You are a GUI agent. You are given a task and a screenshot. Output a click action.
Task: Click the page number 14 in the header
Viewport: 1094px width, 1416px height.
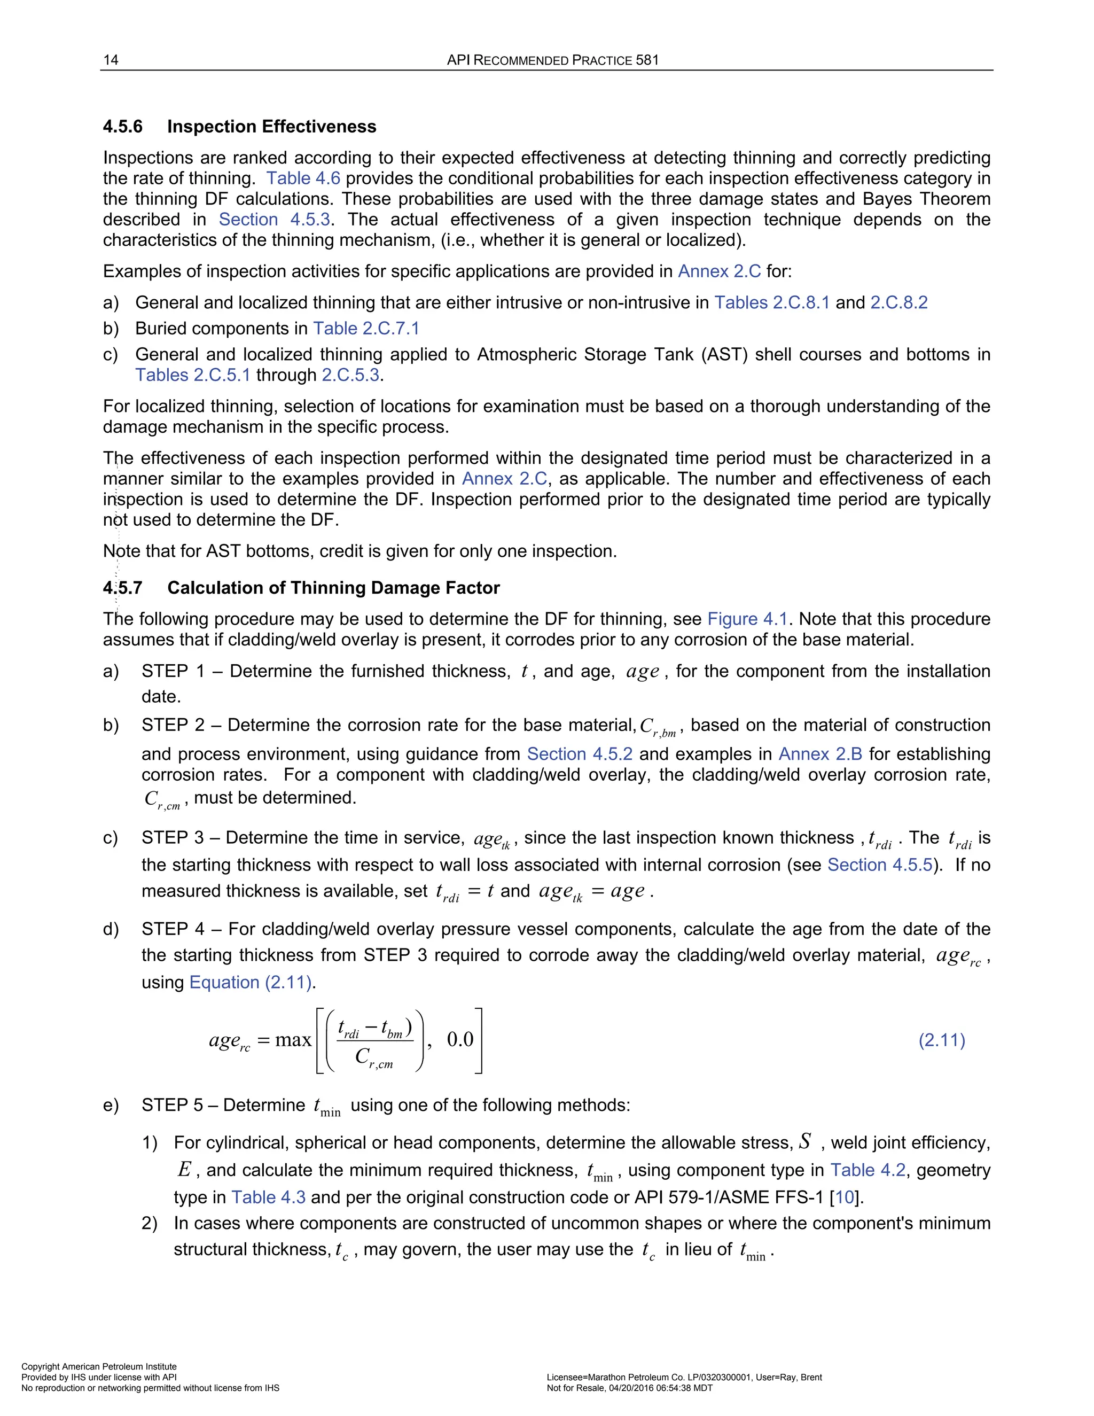pos(111,60)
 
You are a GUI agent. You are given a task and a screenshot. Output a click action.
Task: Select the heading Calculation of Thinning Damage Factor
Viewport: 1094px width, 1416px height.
pos(333,588)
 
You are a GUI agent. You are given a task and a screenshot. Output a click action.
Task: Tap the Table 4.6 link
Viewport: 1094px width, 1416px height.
pos(303,178)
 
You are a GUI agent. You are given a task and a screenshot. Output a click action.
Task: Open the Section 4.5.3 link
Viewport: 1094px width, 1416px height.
pos(274,220)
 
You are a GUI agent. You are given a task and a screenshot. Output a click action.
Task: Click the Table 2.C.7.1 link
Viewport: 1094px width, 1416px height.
pos(366,329)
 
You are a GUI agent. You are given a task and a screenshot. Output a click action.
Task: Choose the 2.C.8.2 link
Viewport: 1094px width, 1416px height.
pos(898,303)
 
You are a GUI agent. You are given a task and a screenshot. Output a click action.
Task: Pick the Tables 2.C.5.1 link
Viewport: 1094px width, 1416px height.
pos(192,376)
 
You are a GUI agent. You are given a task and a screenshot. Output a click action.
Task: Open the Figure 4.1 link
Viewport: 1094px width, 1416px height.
pos(747,619)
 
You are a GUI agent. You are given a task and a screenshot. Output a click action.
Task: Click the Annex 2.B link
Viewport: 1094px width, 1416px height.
pos(820,754)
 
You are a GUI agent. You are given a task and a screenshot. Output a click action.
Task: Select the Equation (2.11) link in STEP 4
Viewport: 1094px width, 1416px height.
pos(251,982)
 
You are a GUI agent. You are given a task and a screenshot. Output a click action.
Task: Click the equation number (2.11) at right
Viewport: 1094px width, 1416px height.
pos(942,1040)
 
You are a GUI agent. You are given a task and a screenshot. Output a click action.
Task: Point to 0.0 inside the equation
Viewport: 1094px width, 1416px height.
pos(460,1040)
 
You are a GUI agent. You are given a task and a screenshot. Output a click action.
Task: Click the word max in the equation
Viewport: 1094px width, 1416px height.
pos(293,1040)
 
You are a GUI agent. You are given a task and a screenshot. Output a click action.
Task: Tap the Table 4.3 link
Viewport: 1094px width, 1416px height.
pos(268,1197)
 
